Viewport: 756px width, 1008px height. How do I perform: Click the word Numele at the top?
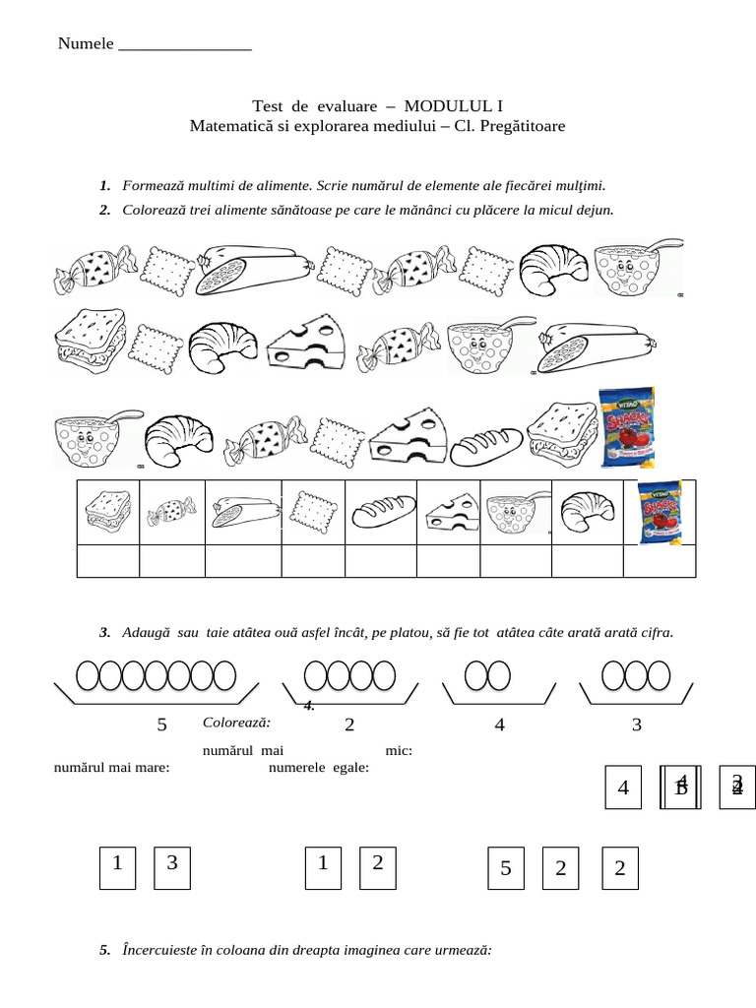tap(86, 43)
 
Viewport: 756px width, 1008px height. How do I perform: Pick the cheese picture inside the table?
tap(448, 512)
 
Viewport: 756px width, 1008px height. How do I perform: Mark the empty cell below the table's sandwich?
tap(108, 560)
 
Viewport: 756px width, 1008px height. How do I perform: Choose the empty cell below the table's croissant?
tap(588, 560)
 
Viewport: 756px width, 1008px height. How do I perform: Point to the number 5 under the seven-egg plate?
tap(162, 725)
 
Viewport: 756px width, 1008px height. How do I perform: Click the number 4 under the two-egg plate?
tap(500, 725)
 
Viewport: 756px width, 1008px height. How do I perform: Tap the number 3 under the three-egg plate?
tap(637, 725)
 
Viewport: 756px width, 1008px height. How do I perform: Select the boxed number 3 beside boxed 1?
tap(172, 864)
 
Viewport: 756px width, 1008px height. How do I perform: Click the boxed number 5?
tap(506, 869)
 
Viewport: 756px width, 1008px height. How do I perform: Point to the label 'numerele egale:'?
tap(318, 768)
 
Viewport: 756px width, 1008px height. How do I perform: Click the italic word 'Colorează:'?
tap(236, 723)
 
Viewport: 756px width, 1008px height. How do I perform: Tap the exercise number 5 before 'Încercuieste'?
tap(104, 951)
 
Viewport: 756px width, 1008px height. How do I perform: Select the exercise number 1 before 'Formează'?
tap(104, 185)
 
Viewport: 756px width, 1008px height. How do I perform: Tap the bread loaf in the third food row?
tap(486, 445)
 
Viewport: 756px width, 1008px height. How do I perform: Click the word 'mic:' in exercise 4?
tap(399, 751)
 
